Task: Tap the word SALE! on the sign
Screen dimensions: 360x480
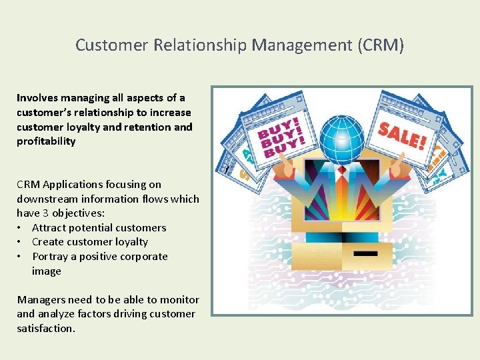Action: pyautogui.click(x=402, y=135)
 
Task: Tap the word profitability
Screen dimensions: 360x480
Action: pyautogui.click(x=46, y=141)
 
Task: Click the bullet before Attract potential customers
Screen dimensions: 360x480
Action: pyautogui.click(x=21, y=228)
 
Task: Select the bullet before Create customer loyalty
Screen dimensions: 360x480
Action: pyautogui.click(x=21, y=242)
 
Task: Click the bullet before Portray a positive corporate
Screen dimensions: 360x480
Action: pyautogui.click(x=21, y=257)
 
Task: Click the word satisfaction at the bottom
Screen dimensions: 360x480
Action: pyautogui.click(x=46, y=329)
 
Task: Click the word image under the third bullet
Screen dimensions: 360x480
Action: pyautogui.click(x=46, y=271)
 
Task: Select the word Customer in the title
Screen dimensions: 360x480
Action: pyautogui.click(x=111, y=45)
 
